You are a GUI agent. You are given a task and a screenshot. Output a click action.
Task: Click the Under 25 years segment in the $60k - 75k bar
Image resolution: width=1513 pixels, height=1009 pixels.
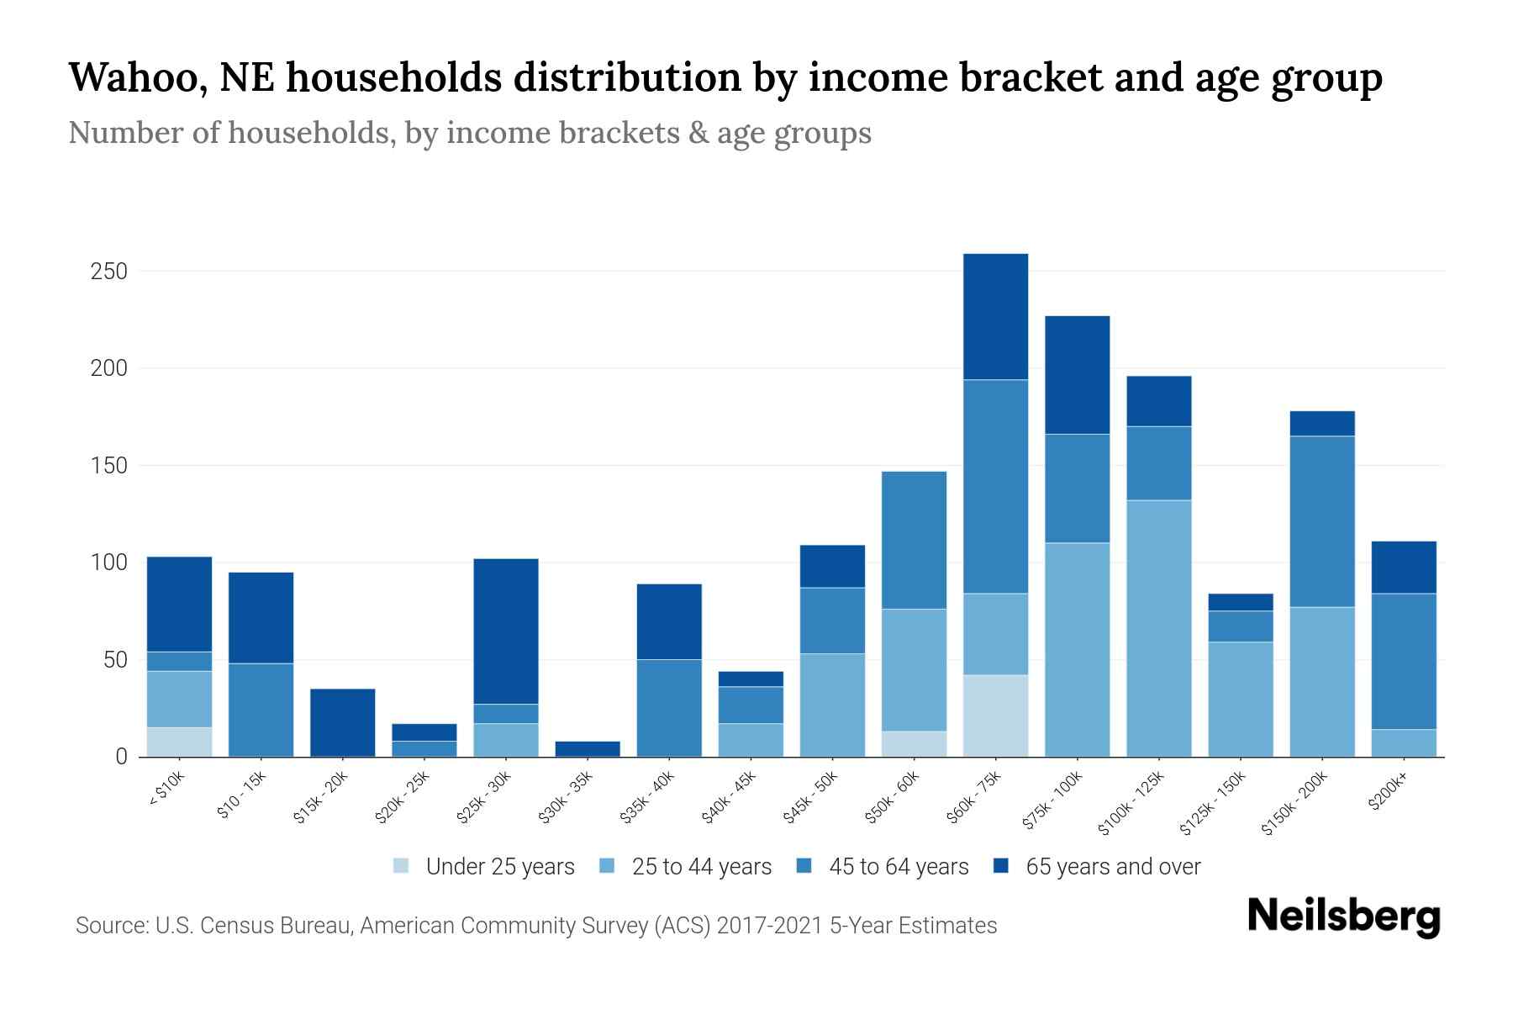click(995, 716)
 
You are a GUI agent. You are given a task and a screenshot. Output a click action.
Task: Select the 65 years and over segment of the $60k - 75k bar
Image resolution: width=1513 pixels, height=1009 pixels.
click(995, 317)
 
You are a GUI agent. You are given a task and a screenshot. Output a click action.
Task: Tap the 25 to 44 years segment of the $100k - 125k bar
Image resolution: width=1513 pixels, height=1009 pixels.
click(1158, 628)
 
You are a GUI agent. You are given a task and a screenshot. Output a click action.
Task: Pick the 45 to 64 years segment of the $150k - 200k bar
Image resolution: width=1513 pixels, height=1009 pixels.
click(1322, 521)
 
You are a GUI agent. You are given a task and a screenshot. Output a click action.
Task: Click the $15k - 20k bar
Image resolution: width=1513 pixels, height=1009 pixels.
click(342, 722)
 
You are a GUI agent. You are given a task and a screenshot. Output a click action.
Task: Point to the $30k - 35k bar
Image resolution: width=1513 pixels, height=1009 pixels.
click(588, 748)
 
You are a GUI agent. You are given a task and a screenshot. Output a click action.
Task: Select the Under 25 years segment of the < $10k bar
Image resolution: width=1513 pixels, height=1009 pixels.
click(179, 742)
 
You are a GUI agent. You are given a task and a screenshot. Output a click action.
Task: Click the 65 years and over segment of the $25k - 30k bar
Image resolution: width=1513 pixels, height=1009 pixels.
click(506, 631)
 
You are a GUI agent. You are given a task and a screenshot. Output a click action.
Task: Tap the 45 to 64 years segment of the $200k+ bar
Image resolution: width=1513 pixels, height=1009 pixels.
click(1404, 661)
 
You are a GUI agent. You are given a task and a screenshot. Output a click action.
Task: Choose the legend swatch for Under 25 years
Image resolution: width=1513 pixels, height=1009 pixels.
click(401, 866)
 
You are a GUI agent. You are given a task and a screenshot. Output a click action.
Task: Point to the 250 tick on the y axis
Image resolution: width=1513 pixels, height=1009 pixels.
click(109, 272)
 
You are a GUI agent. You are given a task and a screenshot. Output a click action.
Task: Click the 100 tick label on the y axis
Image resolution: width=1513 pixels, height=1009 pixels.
click(109, 563)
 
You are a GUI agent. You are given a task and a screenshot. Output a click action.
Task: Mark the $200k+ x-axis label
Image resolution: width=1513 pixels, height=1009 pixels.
click(1388, 792)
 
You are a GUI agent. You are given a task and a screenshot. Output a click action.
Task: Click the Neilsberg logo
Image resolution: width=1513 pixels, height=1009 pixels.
click(1343, 917)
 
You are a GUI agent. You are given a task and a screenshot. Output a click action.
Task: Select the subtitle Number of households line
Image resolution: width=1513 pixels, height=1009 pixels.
click(469, 133)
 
